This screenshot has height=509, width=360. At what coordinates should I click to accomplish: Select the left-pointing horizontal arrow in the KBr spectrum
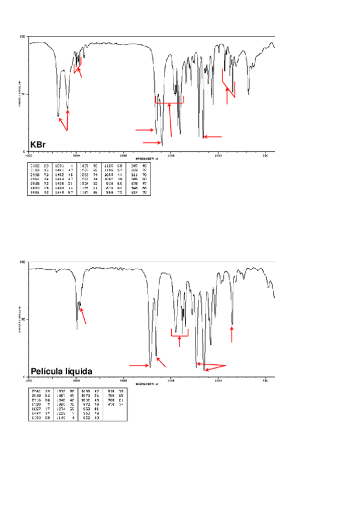[x=213, y=137]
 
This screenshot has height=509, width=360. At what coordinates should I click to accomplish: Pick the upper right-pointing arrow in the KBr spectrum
[x=144, y=129]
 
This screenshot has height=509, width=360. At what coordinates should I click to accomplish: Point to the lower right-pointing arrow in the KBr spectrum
[x=152, y=142]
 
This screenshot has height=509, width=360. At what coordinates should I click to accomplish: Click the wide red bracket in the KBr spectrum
[x=169, y=103]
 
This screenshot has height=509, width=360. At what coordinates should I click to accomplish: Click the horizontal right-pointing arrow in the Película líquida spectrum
[x=139, y=365]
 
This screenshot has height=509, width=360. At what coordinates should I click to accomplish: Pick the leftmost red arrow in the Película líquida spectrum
[x=83, y=316]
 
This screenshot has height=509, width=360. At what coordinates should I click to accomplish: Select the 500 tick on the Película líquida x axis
[x=266, y=380]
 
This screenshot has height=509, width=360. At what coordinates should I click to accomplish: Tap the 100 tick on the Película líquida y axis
[x=23, y=262]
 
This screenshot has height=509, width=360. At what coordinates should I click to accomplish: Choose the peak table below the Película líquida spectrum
[x=67, y=403]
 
